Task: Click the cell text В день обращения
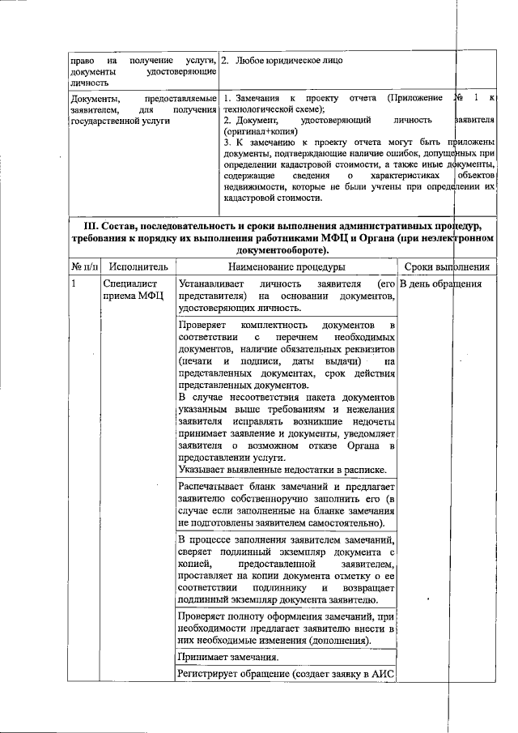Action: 441,284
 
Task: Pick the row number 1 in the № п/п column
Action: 74,284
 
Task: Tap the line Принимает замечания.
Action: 228,657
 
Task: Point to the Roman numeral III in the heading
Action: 94,224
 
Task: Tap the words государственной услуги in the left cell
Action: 109,120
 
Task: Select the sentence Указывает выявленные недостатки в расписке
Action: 281,471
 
